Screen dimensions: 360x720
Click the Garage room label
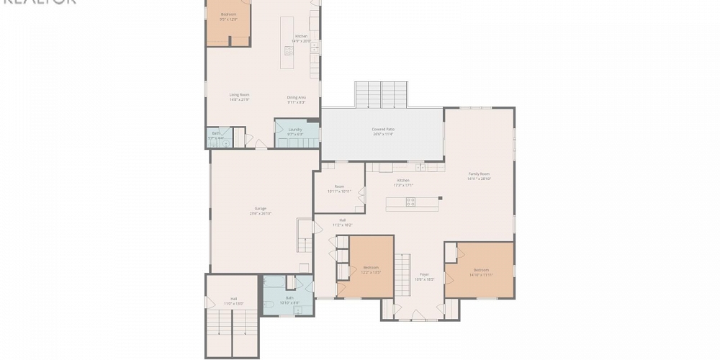tap(260, 208)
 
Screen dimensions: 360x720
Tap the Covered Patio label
tap(383, 129)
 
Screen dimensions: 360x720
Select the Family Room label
tap(479, 174)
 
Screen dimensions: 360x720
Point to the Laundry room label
tap(294, 130)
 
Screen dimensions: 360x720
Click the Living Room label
tap(239, 94)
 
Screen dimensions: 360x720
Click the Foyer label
tap(425, 274)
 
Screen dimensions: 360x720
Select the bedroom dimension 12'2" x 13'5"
tap(371, 272)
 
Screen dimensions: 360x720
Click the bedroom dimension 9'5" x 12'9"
tap(228, 19)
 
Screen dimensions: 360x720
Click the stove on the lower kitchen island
tap(410, 204)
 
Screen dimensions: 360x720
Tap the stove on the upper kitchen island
tap(288, 50)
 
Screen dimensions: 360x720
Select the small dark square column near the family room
tap(440, 198)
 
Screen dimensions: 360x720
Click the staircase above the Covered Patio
tap(382, 94)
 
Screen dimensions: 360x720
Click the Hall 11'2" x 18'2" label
tap(342, 222)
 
